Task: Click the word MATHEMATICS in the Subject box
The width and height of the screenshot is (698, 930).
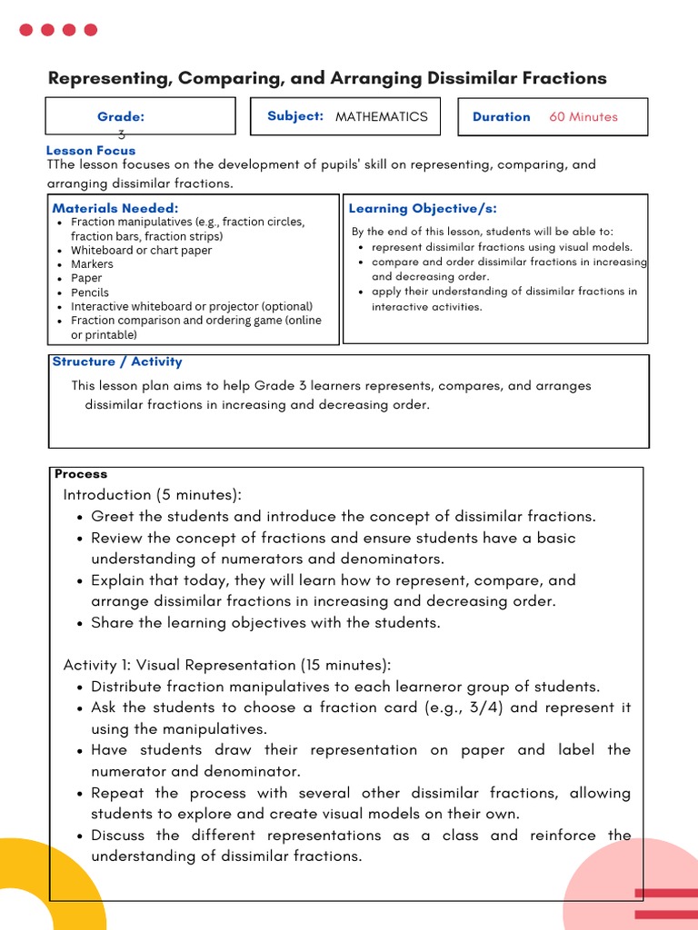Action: click(381, 117)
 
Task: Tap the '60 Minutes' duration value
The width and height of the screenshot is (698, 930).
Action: click(583, 117)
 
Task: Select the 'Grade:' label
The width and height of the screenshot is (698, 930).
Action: click(121, 117)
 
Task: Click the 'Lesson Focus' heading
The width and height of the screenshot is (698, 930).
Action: click(90, 151)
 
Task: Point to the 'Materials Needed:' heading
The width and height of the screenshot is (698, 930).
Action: click(115, 208)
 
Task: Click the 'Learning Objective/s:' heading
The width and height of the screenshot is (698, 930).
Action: click(423, 209)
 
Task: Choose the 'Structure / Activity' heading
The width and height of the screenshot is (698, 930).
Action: click(116, 361)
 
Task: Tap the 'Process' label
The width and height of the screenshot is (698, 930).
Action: click(80, 474)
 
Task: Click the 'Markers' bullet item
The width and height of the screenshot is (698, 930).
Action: click(92, 264)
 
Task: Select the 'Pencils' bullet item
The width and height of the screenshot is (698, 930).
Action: click(90, 292)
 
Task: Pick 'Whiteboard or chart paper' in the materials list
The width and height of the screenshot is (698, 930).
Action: click(141, 250)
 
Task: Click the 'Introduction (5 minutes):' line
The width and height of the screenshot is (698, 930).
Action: click(152, 495)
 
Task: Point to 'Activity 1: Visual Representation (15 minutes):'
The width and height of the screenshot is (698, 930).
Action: click(226, 665)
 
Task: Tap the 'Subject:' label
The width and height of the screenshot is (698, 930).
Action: click(294, 116)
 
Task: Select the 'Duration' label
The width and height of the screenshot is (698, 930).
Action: click(501, 117)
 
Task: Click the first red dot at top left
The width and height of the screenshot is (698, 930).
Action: click(25, 30)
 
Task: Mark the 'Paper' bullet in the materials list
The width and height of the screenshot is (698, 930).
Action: click(86, 278)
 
